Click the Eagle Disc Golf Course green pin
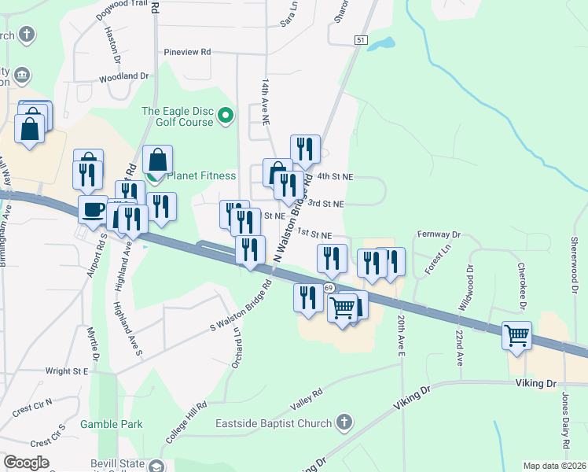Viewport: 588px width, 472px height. coord(226,117)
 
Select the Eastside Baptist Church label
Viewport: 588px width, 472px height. coord(274,424)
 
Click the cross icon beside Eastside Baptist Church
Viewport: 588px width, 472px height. coord(342,424)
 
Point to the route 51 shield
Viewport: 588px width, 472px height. coord(360,40)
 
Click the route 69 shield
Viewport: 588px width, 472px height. coord(326,289)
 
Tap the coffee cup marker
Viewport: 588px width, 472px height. coord(94,210)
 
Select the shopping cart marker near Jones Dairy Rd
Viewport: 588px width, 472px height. coord(516,336)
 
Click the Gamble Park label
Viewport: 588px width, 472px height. coord(112,424)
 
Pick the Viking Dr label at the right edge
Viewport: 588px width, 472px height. coord(535,383)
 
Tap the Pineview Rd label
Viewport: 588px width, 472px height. coord(187,52)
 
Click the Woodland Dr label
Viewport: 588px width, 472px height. coord(123,76)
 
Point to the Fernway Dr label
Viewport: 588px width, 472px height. coord(438,234)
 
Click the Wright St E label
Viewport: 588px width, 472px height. coord(66,371)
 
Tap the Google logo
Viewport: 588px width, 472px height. coord(26,463)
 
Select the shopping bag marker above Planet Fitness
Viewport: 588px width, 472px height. coord(158,160)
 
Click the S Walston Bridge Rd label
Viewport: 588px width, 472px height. coord(240,305)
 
